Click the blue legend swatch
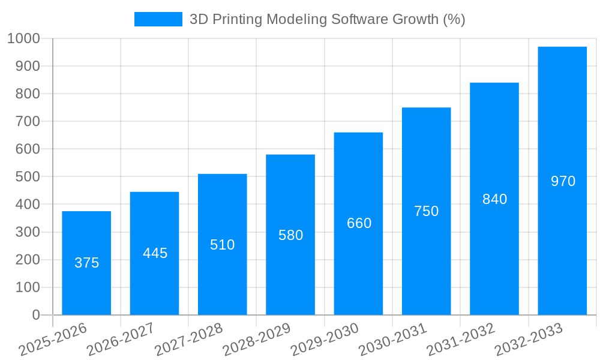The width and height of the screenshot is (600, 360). pos(158,19)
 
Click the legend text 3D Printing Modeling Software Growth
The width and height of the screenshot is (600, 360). pos(327,19)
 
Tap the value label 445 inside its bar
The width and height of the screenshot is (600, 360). pos(155,253)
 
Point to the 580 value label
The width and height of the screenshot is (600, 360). pos(290,235)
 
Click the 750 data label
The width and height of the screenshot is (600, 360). pos(426,211)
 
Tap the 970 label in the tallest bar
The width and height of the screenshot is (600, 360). pos(563,181)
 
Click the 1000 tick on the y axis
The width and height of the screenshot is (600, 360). pos(23,38)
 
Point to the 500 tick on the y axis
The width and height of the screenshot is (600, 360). pos(28,177)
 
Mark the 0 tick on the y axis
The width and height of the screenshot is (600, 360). pos(36,315)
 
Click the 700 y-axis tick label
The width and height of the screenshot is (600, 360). pos(28,121)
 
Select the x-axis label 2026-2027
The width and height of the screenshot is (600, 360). pos(121,339)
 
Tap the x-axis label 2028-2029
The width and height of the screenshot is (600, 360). pos(257,339)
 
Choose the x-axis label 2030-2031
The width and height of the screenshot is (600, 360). pos(392,339)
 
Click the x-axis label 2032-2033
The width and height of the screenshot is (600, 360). pos(529,339)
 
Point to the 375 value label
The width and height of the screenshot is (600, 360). pos(86,263)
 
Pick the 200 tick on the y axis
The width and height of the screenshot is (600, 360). pos(28,260)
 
